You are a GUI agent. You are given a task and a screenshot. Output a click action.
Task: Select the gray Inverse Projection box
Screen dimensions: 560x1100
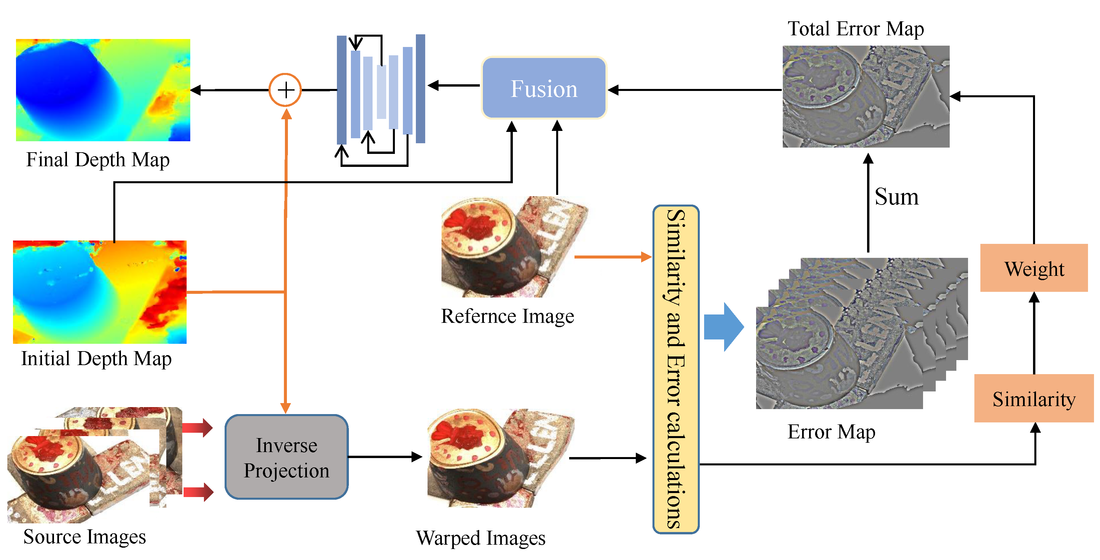tap(287, 457)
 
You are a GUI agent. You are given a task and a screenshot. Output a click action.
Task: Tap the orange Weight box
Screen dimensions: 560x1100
tap(1033, 269)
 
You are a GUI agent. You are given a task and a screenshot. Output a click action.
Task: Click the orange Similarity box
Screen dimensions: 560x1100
tap(1033, 399)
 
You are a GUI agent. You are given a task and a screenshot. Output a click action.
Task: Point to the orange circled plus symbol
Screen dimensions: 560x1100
tap(285, 90)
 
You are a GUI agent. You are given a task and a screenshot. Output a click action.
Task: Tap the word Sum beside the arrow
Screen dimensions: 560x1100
tap(896, 197)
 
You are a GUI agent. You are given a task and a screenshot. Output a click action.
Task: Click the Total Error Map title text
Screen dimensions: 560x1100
tap(855, 29)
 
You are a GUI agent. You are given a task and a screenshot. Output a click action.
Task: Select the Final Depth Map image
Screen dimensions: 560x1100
tap(103, 90)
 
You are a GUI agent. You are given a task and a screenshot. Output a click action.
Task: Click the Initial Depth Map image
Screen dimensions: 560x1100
tap(100, 292)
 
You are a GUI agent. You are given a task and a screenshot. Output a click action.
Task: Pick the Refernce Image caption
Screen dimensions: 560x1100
tap(507, 316)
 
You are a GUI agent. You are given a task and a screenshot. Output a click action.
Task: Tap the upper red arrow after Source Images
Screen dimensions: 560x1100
tap(197, 428)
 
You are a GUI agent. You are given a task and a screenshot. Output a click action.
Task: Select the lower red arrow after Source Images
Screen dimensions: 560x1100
tap(198, 492)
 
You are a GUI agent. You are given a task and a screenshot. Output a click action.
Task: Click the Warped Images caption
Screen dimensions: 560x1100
tap(481, 538)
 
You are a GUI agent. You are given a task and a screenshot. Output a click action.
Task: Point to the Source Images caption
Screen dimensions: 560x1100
tap(85, 537)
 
